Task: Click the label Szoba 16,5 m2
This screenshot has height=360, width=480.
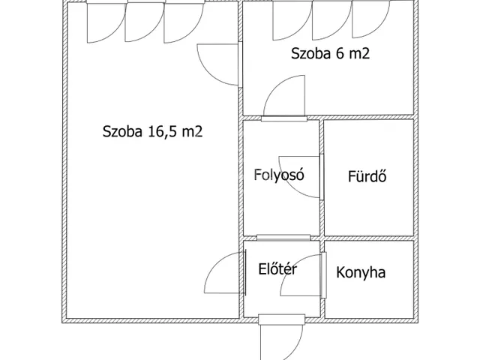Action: [x=152, y=132]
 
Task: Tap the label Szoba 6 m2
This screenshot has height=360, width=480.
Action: [x=330, y=53]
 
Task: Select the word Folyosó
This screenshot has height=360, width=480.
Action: [x=279, y=175]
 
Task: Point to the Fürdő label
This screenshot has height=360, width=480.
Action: [x=367, y=176]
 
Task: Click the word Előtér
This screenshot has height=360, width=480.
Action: [x=277, y=269]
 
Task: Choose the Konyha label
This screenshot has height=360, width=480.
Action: [x=361, y=272]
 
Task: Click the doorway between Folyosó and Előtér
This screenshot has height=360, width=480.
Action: [x=283, y=238]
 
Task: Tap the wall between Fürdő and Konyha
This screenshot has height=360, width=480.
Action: [x=369, y=238]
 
